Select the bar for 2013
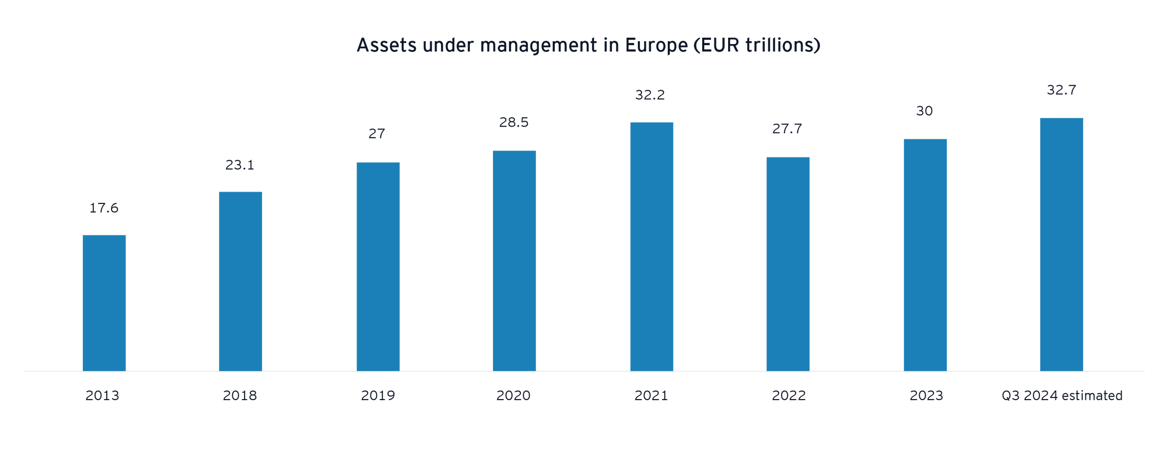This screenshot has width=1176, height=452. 104,302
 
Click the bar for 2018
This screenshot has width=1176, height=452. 240,281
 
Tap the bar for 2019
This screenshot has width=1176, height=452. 378,266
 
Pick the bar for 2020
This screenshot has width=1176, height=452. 514,260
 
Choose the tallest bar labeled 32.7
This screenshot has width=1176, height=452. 1061,244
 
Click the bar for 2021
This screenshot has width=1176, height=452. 652,246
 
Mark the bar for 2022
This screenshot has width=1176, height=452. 788,263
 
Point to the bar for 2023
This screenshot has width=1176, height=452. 925,254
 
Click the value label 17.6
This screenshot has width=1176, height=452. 104,208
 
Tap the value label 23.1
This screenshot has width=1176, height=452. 240,165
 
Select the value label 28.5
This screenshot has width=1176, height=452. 514,123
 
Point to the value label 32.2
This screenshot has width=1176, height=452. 650,95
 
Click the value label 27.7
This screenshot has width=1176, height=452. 787,129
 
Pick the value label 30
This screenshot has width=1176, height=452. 925,111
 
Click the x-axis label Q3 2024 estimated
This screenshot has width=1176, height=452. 1062,396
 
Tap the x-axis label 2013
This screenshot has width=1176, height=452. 102,396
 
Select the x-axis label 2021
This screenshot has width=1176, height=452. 651,396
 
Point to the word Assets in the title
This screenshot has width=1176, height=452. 386,46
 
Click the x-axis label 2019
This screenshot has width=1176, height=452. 378,396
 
